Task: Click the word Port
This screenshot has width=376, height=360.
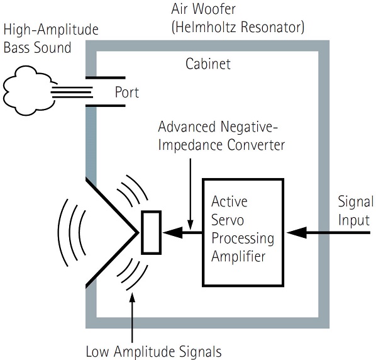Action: [x=127, y=92]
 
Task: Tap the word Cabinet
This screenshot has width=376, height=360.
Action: [x=208, y=64]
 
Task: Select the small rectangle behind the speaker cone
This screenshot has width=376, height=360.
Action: [x=151, y=232]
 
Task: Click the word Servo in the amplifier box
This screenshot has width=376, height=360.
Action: [x=228, y=220]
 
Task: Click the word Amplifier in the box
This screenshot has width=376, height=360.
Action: [x=238, y=256]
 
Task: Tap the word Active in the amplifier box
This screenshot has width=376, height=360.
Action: [x=229, y=201]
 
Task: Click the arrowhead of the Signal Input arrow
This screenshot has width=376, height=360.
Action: [x=297, y=232]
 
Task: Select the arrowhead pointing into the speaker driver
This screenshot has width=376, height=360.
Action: [x=172, y=232]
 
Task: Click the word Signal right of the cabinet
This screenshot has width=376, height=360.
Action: [x=355, y=201]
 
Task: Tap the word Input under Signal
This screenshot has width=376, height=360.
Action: [x=354, y=220]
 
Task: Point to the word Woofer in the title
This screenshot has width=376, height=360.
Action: [x=214, y=9]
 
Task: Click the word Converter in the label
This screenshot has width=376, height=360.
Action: [x=256, y=145]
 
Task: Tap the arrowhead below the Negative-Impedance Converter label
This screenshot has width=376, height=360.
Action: [x=191, y=225]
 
